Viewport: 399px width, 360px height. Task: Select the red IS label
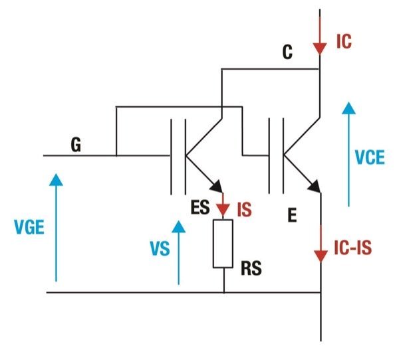tap(244, 209)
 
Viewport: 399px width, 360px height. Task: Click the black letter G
tap(76, 145)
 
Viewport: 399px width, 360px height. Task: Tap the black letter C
tap(287, 53)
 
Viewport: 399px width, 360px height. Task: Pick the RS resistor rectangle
tap(223, 244)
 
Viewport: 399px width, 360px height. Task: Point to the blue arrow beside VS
tap(178, 252)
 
